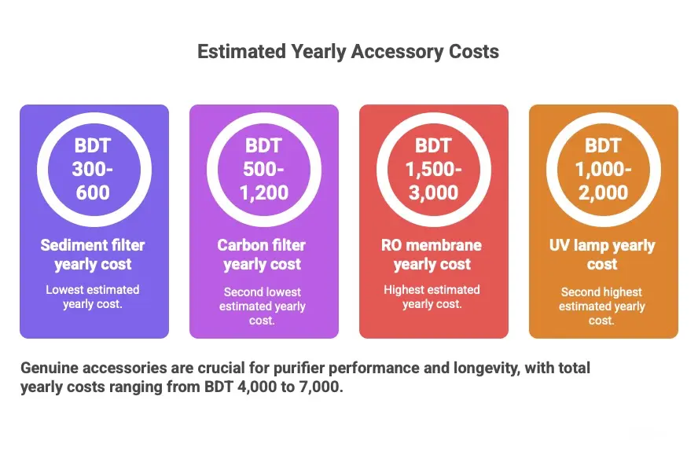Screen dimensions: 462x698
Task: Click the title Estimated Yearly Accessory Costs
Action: pyautogui.click(x=348, y=52)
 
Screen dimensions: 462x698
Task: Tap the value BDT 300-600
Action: pyautogui.click(x=93, y=169)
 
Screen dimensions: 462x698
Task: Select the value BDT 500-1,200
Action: pyautogui.click(x=263, y=169)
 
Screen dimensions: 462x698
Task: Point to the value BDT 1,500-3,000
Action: pyautogui.click(x=433, y=169)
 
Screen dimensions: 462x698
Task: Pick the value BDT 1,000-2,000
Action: pyautogui.click(x=602, y=169)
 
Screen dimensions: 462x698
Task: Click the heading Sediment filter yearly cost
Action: pyautogui.click(x=93, y=255)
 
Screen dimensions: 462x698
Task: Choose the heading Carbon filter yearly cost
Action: pyautogui.click(x=263, y=255)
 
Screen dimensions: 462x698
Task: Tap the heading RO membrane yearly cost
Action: pyautogui.click(x=433, y=255)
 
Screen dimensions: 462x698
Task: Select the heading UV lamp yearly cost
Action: pyautogui.click(x=602, y=255)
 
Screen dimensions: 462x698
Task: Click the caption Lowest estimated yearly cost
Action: pyautogui.click(x=93, y=297)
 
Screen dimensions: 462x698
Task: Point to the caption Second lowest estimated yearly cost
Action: pyautogui.click(x=263, y=306)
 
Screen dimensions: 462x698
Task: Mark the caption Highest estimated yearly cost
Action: pyautogui.click(x=433, y=297)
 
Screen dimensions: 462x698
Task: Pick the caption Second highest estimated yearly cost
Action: pyautogui.click(x=602, y=306)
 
